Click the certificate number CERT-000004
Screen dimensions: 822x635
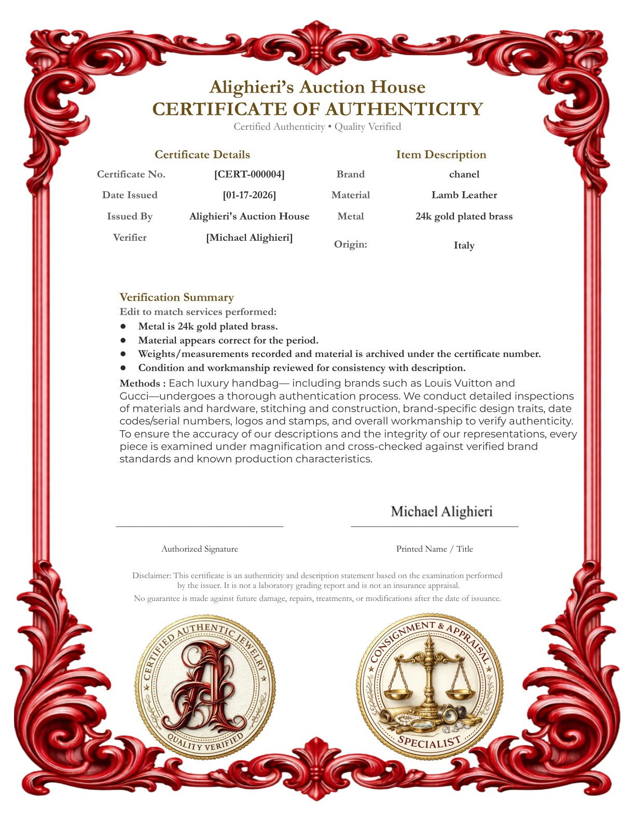[x=249, y=174]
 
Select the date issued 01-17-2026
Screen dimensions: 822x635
[x=249, y=195]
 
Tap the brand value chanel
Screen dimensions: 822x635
[x=464, y=174]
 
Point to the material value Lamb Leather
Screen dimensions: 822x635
[x=464, y=195]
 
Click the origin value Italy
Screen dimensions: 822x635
[x=464, y=245]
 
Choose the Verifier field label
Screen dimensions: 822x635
[x=130, y=238]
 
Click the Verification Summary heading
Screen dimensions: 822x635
[x=176, y=297]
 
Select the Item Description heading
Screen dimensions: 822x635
[x=441, y=155]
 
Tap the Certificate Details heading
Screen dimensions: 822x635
[x=202, y=155]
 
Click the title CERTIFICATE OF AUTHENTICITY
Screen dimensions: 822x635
[x=317, y=109]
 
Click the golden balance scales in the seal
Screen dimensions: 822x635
[x=429, y=675]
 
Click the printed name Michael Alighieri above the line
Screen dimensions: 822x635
[x=441, y=512]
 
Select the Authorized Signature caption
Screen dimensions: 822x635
[x=200, y=549]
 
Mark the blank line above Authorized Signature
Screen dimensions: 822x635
[x=200, y=526]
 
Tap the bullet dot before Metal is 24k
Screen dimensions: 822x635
[x=123, y=326]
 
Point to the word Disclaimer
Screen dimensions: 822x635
[x=151, y=576]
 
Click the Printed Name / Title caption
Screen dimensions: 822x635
[x=434, y=549]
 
